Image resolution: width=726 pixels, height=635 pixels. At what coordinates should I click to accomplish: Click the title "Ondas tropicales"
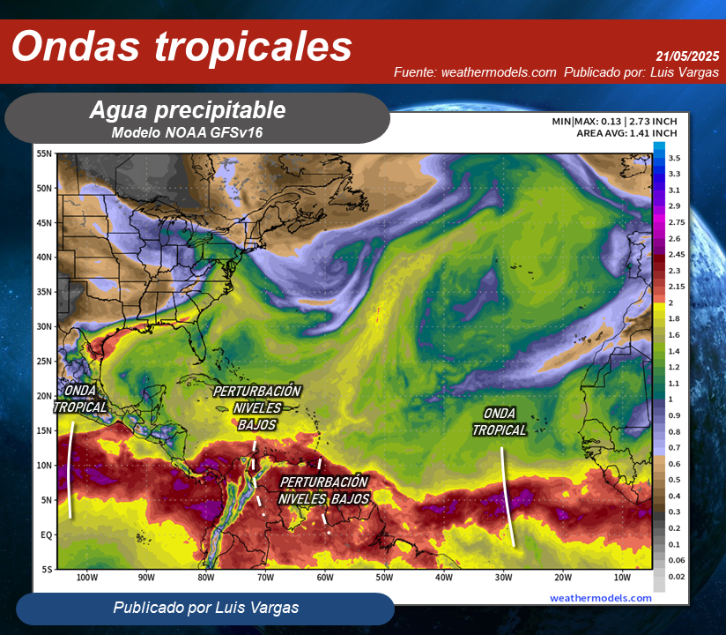click(x=181, y=47)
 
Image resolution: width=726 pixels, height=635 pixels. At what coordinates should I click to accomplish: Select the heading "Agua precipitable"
click(x=187, y=110)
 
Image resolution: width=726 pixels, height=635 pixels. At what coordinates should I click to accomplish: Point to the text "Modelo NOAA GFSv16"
click(x=187, y=132)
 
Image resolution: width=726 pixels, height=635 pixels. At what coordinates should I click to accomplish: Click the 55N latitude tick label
click(x=45, y=153)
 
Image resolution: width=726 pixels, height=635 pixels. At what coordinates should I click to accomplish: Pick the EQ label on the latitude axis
click(x=47, y=534)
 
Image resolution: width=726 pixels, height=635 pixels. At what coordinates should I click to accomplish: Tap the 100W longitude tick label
click(x=86, y=578)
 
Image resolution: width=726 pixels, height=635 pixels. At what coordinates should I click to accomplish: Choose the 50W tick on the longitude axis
click(x=383, y=578)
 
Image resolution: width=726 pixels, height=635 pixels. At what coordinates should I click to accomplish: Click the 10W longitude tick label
click(x=622, y=578)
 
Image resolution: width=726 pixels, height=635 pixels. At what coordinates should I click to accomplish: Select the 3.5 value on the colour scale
click(x=674, y=158)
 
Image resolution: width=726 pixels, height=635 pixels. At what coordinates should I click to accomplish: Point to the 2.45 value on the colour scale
click(x=677, y=254)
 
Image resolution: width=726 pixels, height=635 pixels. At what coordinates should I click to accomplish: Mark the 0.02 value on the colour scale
click(x=677, y=576)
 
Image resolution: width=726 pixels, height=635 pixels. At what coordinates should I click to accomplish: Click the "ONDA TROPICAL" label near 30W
click(x=499, y=422)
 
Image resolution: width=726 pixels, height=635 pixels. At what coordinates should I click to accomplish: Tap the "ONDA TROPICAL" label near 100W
click(x=80, y=399)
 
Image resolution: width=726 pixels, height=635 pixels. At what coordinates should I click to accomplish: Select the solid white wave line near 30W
click(x=507, y=496)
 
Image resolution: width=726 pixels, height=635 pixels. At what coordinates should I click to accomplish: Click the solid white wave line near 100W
click(x=70, y=469)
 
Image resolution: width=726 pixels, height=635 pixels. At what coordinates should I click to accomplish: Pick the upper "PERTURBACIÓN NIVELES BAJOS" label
click(x=256, y=407)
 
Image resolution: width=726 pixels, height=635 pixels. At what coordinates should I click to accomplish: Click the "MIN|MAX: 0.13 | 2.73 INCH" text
click(x=614, y=121)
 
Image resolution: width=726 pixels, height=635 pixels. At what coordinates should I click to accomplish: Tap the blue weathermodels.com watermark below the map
click(x=601, y=597)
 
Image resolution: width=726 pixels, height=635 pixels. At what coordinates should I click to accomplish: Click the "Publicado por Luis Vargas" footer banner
click(x=205, y=608)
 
